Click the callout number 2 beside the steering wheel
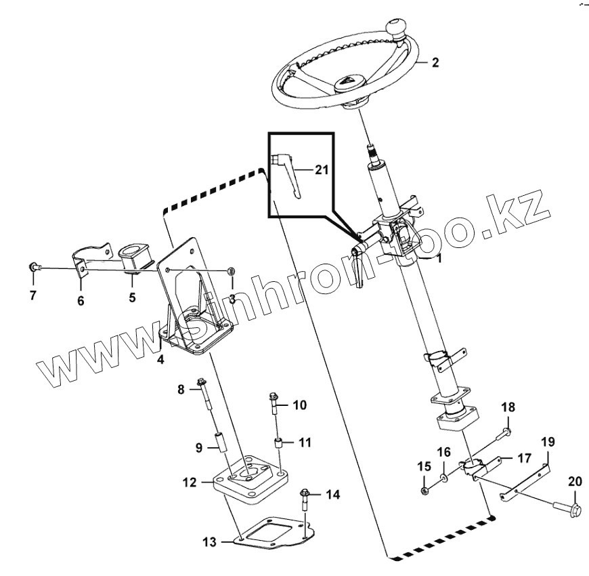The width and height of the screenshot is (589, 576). [435, 62]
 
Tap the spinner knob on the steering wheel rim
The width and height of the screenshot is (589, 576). [395, 29]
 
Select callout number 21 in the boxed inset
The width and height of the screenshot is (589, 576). [322, 169]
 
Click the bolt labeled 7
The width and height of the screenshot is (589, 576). [33, 268]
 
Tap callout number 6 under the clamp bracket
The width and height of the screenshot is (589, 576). [81, 300]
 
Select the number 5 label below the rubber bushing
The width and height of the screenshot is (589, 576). [133, 297]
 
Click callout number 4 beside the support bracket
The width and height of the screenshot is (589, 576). [160, 359]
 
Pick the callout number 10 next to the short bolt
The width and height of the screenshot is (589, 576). [299, 405]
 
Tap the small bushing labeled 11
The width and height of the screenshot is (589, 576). [277, 445]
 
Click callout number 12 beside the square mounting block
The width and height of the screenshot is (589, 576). [188, 482]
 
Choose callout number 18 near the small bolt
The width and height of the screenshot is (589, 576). [508, 407]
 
